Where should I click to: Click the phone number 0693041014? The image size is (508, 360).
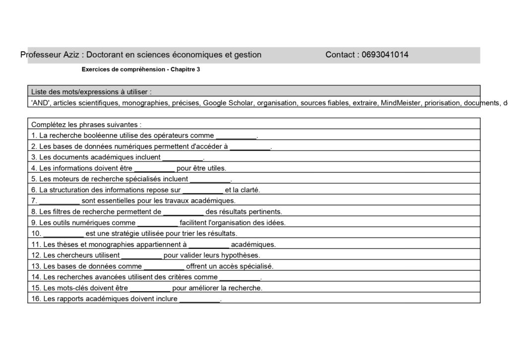coord(385,55)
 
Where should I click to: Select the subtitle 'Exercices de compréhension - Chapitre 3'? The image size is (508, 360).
coord(141,70)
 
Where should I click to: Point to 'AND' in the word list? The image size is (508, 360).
coord(40,103)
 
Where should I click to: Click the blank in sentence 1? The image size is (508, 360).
coord(236,136)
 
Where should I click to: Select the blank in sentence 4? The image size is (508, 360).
coord(154,168)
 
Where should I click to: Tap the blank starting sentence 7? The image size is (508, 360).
coord(60,201)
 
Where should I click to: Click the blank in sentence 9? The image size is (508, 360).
coord(157,223)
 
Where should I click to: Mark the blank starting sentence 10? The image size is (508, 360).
coord(63,234)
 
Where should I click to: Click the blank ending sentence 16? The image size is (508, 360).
coord(199,299)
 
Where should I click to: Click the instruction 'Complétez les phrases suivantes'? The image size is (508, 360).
coord(86,125)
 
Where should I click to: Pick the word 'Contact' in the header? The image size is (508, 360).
coord(340,55)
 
